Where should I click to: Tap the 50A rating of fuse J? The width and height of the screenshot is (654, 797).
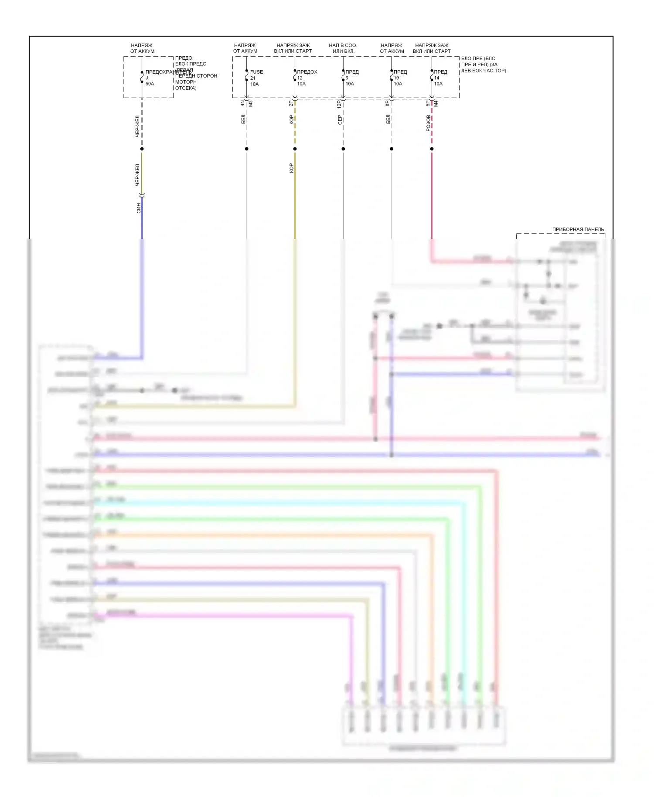click(x=150, y=84)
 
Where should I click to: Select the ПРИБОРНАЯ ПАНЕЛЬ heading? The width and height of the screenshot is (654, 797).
click(x=578, y=229)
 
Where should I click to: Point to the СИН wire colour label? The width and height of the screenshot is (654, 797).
click(x=139, y=208)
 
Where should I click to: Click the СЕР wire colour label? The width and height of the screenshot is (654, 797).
click(x=340, y=120)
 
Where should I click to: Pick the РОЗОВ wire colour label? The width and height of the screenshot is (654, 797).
click(x=428, y=123)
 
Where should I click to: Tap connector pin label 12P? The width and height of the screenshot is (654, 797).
click(x=339, y=104)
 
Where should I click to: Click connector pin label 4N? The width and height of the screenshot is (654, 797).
click(x=242, y=103)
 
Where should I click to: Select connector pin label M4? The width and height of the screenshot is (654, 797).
click(x=436, y=104)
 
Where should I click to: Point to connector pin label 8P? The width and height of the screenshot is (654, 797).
click(x=387, y=103)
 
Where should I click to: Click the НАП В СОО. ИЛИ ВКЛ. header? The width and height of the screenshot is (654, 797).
click(x=343, y=48)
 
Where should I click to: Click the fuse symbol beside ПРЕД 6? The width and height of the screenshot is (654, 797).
click(x=343, y=77)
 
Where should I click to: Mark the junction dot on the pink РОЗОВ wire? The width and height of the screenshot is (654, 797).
click(x=432, y=149)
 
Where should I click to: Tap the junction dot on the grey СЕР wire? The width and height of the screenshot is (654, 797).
click(x=343, y=149)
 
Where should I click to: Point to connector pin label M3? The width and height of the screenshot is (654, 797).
click(x=251, y=104)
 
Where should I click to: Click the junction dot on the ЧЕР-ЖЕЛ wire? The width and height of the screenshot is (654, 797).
click(x=142, y=149)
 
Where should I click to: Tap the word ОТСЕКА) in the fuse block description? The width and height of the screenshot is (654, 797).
click(x=186, y=88)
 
